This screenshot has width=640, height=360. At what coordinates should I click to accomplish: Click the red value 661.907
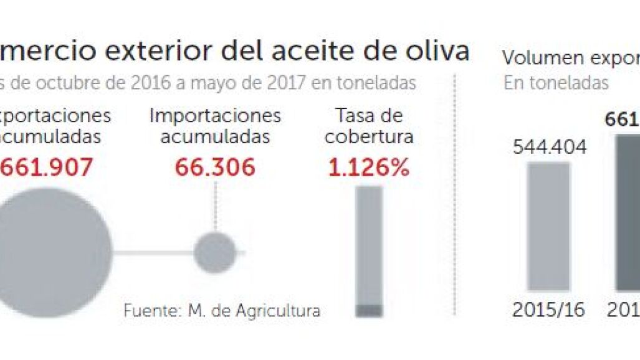coord(47,167)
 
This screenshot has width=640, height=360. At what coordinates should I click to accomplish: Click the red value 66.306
coord(215,167)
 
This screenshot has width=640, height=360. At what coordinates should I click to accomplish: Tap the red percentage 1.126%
coord(369,167)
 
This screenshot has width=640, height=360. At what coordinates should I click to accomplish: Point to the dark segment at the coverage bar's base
coord(369,310)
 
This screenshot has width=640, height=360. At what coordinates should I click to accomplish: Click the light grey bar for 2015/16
coord(548,226)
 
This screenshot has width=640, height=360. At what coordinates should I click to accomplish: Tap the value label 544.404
coord(550,148)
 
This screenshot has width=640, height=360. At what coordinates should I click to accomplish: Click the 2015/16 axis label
coord(549,310)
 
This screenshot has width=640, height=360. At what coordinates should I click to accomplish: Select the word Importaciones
coord(216,116)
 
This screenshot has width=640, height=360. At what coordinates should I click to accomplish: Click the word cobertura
coord(369,136)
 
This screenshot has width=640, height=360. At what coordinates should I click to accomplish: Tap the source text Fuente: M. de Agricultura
coord(222,310)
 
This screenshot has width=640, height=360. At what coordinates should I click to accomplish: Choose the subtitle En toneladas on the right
coord(556,83)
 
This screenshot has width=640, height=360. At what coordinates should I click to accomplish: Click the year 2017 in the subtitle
coord(284,83)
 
